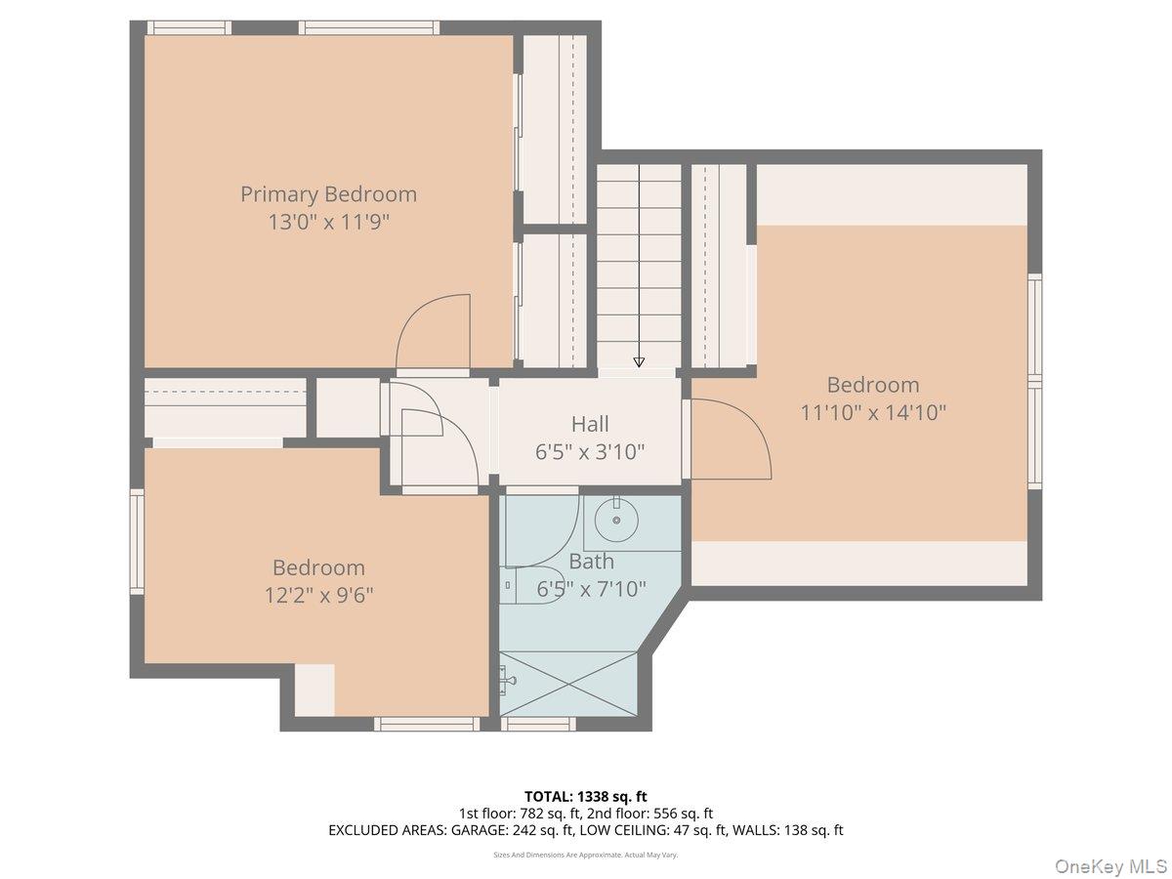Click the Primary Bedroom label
(x=328, y=194)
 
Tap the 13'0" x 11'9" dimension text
(x=328, y=222)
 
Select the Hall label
(x=590, y=424)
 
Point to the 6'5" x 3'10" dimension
(x=590, y=452)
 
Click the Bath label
(x=591, y=562)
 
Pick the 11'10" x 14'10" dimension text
(x=873, y=412)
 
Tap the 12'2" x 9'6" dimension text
(x=318, y=595)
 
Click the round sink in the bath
(x=616, y=520)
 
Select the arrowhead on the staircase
(x=639, y=361)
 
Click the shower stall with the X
(x=568, y=684)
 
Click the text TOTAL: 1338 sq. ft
(x=586, y=797)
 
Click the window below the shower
(x=539, y=724)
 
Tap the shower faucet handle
(x=509, y=681)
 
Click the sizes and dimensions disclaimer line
(x=586, y=855)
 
